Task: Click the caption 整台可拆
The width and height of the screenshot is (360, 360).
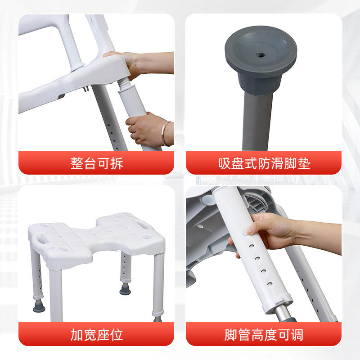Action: (96, 163)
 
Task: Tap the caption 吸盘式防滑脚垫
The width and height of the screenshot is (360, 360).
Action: (264, 163)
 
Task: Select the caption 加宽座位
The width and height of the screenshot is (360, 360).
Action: (96, 334)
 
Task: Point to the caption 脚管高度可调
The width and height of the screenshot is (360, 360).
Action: (264, 334)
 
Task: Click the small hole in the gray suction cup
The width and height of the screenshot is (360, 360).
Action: (261, 55)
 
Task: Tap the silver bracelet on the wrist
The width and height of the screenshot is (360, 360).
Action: (164, 134)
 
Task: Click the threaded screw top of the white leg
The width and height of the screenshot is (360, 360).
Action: (124, 85)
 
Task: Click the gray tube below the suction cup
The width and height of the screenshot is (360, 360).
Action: (257, 121)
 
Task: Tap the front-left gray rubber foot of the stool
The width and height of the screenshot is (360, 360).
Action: (39, 306)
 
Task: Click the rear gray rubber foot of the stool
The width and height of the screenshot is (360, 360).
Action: (125, 289)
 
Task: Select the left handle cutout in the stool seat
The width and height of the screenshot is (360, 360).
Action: (42, 238)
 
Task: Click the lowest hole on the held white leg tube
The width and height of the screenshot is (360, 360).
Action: (270, 284)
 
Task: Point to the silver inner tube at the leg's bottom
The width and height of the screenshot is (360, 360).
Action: (283, 314)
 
